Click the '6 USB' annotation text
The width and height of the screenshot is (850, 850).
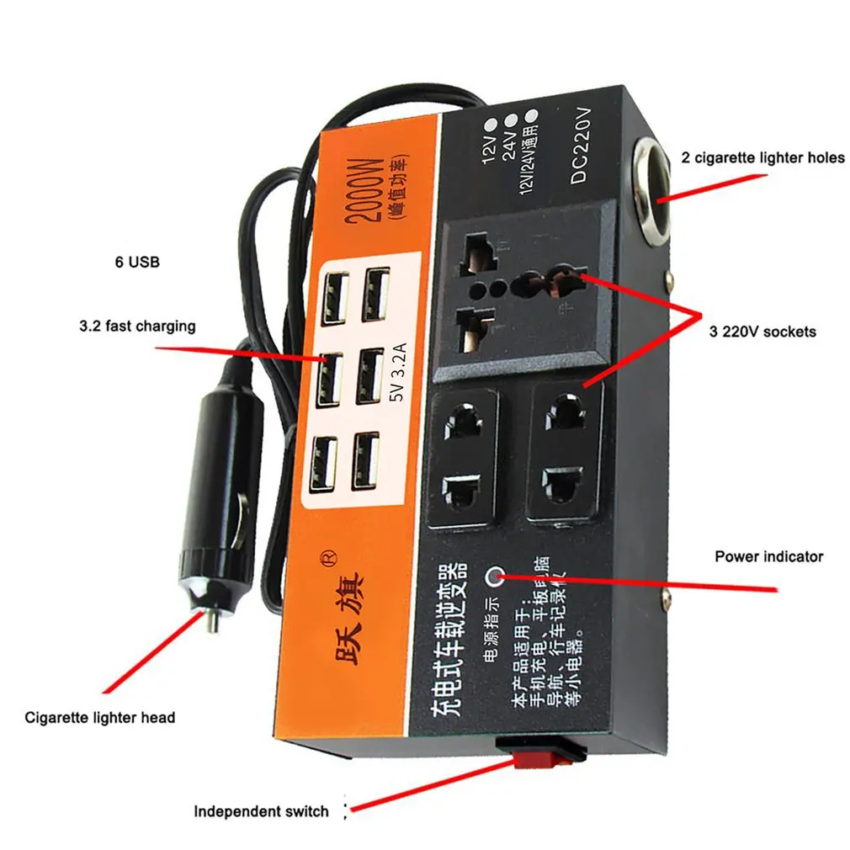tap(136, 263)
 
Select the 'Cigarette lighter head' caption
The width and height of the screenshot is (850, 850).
tap(100, 717)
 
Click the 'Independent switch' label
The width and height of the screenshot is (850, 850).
tap(261, 811)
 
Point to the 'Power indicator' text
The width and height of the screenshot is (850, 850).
tap(768, 556)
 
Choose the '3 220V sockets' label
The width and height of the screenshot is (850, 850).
tap(762, 332)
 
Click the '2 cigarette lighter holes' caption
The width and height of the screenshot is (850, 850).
tap(762, 157)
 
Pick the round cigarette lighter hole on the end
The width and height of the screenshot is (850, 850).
tap(651, 186)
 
